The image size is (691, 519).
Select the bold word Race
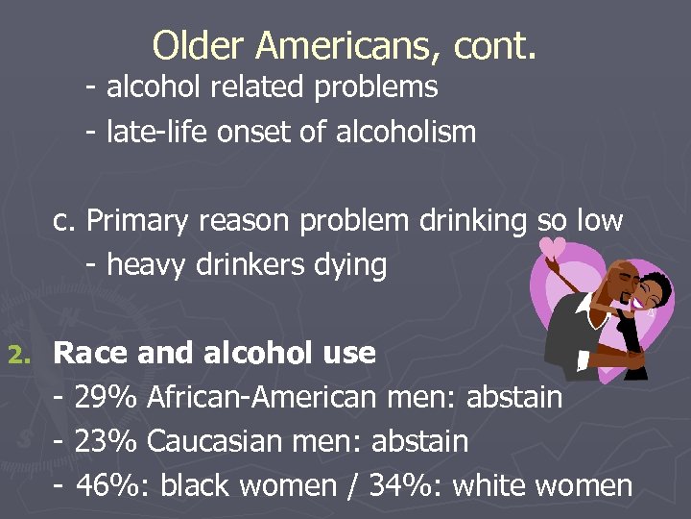coord(92,354)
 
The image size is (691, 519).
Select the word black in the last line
coord(196,485)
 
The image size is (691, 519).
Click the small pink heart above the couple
coord(553,247)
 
